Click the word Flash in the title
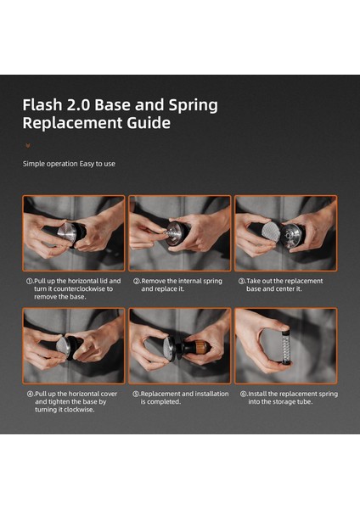42,105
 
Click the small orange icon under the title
28,145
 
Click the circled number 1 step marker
30,281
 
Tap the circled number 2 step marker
137,281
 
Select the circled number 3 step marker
241,281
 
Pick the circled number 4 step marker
31,394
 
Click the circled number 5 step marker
136,394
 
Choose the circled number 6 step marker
244,394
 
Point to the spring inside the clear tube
285,346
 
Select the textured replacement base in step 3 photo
271,232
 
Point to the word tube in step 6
305,402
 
